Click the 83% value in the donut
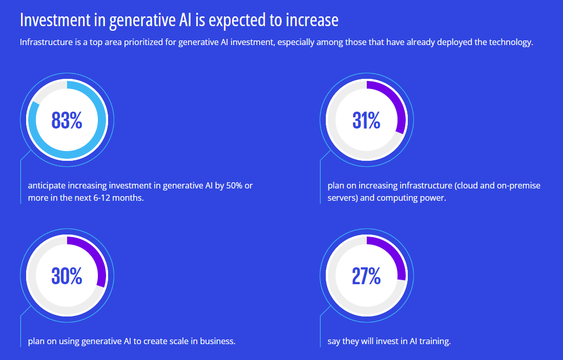pyautogui.click(x=67, y=121)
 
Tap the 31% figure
pyautogui.click(x=366, y=121)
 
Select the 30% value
pyautogui.click(x=67, y=277)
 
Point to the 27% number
pyautogui.click(x=366, y=277)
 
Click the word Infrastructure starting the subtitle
pyautogui.click(x=45, y=42)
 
